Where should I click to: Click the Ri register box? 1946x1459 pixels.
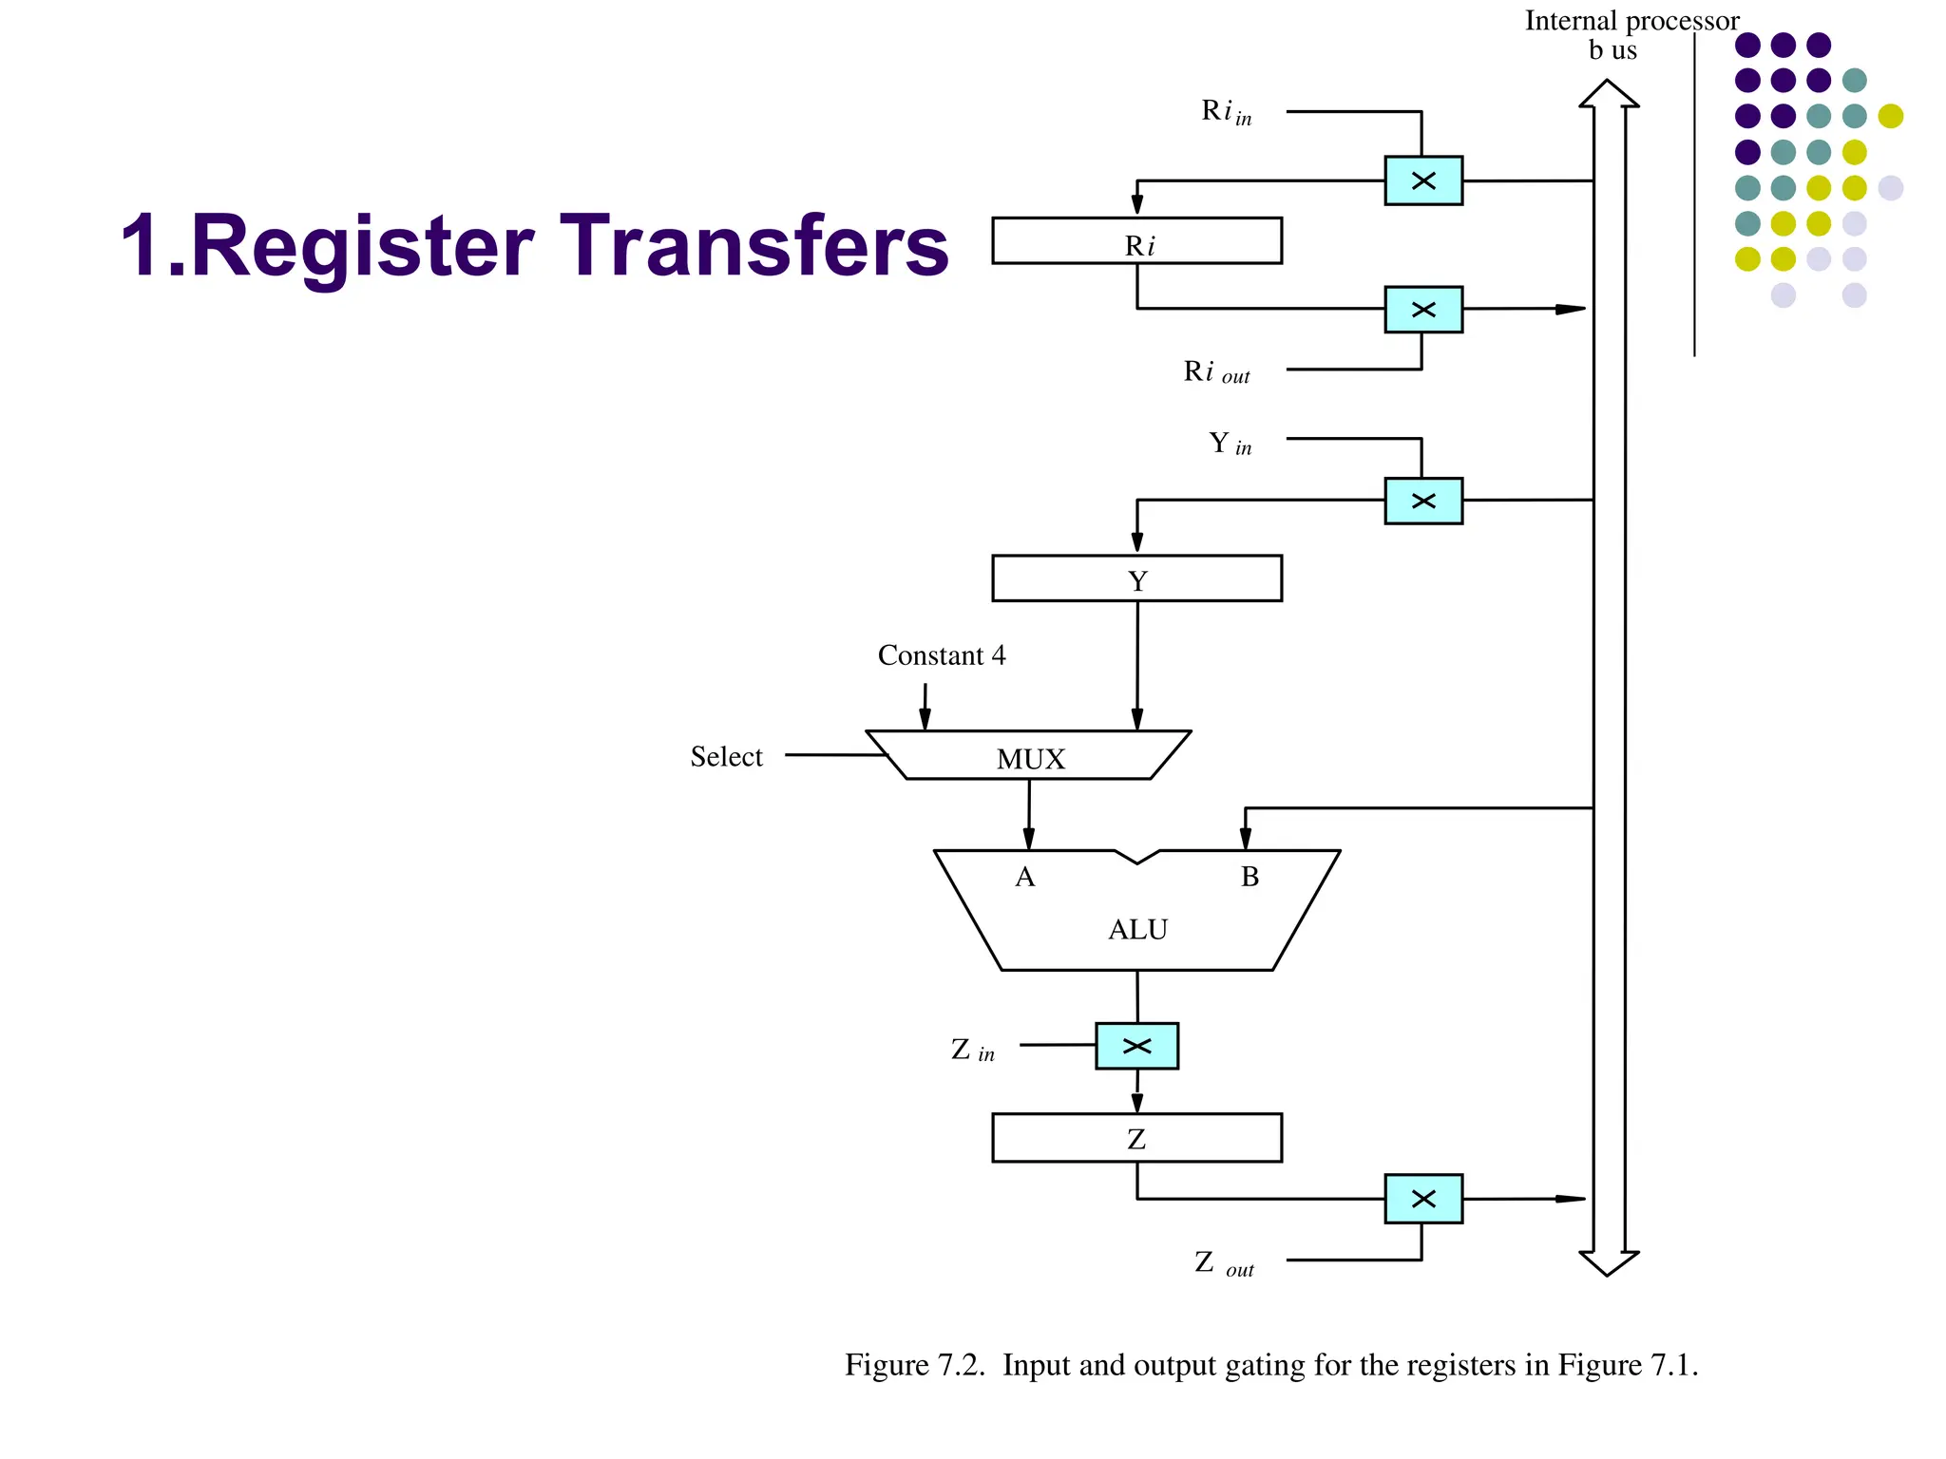tap(1136, 241)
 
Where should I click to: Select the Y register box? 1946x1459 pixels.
tap(1136, 578)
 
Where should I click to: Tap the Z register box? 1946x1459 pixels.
tap(1136, 1138)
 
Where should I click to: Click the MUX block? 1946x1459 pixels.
tap(1030, 757)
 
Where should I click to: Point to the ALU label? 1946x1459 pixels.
tap(1137, 929)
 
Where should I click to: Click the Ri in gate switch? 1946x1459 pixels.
tap(1422, 180)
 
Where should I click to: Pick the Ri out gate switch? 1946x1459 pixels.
tap(1422, 310)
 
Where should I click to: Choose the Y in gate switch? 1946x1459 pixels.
tap(1422, 501)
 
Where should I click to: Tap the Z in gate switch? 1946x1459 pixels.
tap(1136, 1046)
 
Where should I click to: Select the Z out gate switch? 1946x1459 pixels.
tap(1422, 1199)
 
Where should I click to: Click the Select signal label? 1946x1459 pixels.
tap(726, 757)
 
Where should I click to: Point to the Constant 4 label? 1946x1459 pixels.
tap(941, 655)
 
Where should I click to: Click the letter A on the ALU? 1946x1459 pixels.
tap(1024, 877)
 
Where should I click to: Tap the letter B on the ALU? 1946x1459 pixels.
tap(1250, 877)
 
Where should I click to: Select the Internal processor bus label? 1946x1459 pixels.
tap(1631, 35)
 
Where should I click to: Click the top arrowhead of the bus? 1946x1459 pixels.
tap(1608, 93)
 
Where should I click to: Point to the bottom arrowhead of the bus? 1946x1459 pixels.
tap(1608, 1263)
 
